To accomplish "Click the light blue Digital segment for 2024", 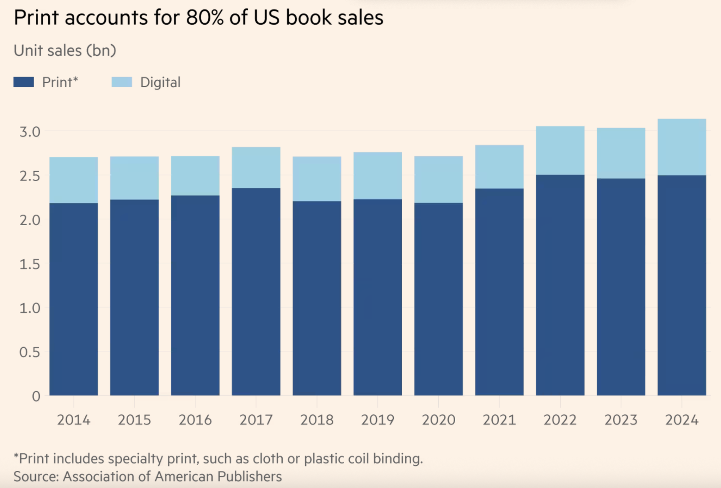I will point(682,147).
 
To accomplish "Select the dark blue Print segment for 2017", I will point(256,292).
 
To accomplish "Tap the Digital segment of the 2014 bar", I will point(74,180).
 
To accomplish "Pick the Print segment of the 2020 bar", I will point(438,299).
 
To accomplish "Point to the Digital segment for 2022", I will point(560,151).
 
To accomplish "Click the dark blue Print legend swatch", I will point(24,82).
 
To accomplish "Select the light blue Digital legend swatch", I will point(122,82).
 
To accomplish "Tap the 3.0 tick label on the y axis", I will point(30,132).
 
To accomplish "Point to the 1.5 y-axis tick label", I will point(30,264).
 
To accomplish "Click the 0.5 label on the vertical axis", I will point(30,352).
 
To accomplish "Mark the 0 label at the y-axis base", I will point(36,396).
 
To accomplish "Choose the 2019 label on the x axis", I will point(378,420).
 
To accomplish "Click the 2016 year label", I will point(195,420).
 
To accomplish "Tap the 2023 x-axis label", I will point(621,420).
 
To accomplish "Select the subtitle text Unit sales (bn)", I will point(65,51).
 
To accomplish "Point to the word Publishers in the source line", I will point(249,476).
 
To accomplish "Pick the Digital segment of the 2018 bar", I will point(317,179).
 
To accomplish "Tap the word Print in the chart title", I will point(36,17).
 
